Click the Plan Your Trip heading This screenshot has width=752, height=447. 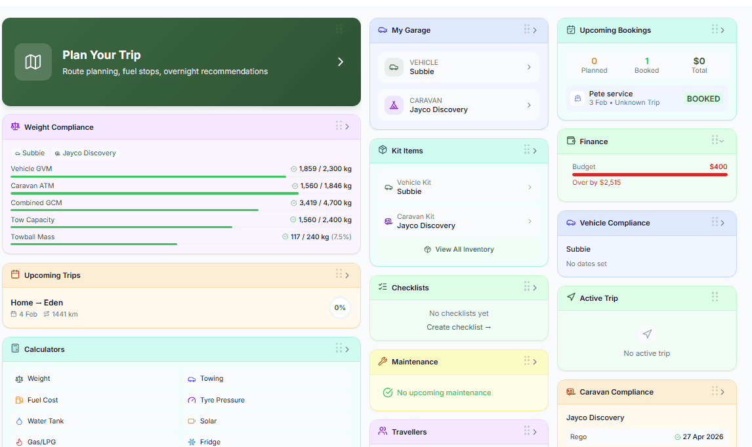[101, 55]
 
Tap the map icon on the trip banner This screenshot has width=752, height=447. [33, 62]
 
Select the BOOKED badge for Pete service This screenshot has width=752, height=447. [703, 99]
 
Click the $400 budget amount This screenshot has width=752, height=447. [718, 166]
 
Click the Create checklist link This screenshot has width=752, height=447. [459, 327]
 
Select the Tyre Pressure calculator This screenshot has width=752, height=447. [222, 400]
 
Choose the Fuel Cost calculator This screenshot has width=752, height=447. [42, 400]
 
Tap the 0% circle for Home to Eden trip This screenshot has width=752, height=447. [340, 307]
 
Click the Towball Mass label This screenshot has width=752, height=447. [33, 237]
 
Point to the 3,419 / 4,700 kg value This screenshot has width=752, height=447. [325, 203]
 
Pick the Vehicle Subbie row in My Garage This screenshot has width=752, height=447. [459, 67]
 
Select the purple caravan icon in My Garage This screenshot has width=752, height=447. [394, 105]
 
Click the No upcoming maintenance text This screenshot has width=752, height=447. [444, 393]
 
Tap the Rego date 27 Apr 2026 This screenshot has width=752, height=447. [703, 437]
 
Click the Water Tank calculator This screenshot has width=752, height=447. [45, 421]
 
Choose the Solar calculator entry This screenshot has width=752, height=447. [208, 421]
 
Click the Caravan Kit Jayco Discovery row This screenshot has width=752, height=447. [459, 222]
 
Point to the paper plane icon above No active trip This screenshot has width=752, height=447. [647, 334]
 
